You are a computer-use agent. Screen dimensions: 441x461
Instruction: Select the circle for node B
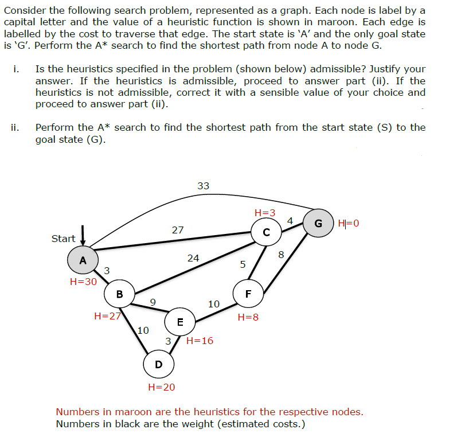[x=119, y=294]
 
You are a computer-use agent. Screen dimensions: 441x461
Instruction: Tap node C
[x=266, y=232]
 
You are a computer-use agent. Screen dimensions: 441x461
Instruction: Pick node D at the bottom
[x=158, y=364]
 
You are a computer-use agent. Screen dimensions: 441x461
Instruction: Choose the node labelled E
[x=180, y=322]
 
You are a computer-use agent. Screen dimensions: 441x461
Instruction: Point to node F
[x=248, y=294]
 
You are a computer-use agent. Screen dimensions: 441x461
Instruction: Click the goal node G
[x=318, y=223]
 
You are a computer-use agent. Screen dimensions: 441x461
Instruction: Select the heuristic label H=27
[x=107, y=315]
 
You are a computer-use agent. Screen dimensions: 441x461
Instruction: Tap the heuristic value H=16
[x=200, y=341]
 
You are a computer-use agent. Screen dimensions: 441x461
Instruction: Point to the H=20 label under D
[x=161, y=387]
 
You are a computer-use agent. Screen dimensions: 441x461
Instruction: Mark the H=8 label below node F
[x=248, y=317]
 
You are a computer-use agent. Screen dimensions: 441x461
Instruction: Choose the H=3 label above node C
[x=264, y=213]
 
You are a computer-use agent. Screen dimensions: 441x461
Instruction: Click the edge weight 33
[x=204, y=186]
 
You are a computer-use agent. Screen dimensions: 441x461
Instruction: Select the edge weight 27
[x=178, y=230]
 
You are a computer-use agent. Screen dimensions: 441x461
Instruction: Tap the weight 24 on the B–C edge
[x=193, y=258]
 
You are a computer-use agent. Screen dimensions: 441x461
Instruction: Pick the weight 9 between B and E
[x=152, y=302]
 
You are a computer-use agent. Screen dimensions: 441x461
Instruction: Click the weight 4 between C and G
[x=290, y=221]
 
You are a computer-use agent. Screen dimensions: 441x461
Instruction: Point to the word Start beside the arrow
[x=63, y=239]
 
